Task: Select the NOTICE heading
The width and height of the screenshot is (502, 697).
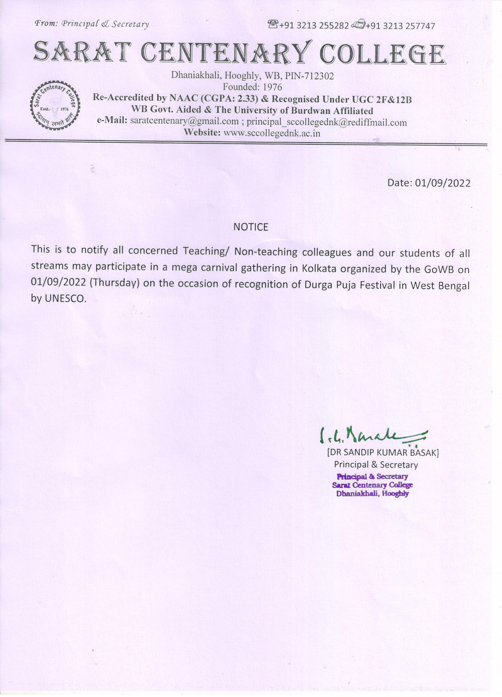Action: click(x=251, y=227)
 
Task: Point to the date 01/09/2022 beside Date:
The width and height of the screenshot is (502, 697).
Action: click(x=442, y=183)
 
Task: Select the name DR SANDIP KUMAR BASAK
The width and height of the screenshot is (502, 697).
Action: click(x=383, y=453)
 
